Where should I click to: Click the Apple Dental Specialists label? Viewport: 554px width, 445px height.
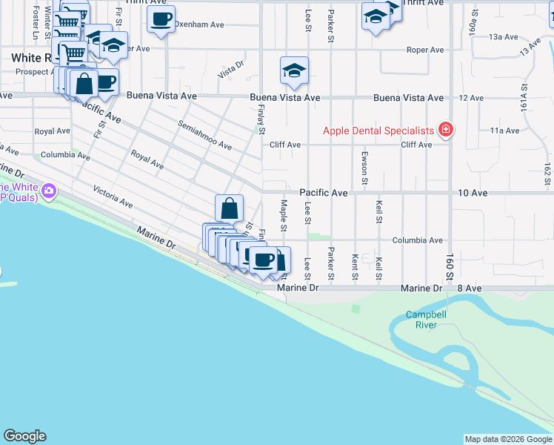(378, 131)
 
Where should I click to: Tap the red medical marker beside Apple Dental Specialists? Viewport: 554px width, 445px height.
(445, 131)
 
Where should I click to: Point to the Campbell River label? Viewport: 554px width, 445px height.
(426, 320)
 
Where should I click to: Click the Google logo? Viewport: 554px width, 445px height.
(24, 436)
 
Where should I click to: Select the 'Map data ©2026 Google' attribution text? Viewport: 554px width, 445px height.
(508, 439)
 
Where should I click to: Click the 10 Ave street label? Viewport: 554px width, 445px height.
(473, 193)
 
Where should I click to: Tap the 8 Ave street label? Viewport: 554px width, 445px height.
(469, 288)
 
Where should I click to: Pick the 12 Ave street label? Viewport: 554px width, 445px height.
(471, 98)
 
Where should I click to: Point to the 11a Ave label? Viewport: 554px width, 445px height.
(504, 131)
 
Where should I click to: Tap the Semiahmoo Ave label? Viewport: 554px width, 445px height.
(204, 135)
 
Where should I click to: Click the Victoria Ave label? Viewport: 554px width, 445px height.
(113, 197)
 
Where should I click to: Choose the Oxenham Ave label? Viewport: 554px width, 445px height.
(199, 24)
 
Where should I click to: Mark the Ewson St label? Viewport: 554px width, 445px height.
(364, 168)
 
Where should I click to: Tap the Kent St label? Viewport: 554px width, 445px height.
(355, 268)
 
